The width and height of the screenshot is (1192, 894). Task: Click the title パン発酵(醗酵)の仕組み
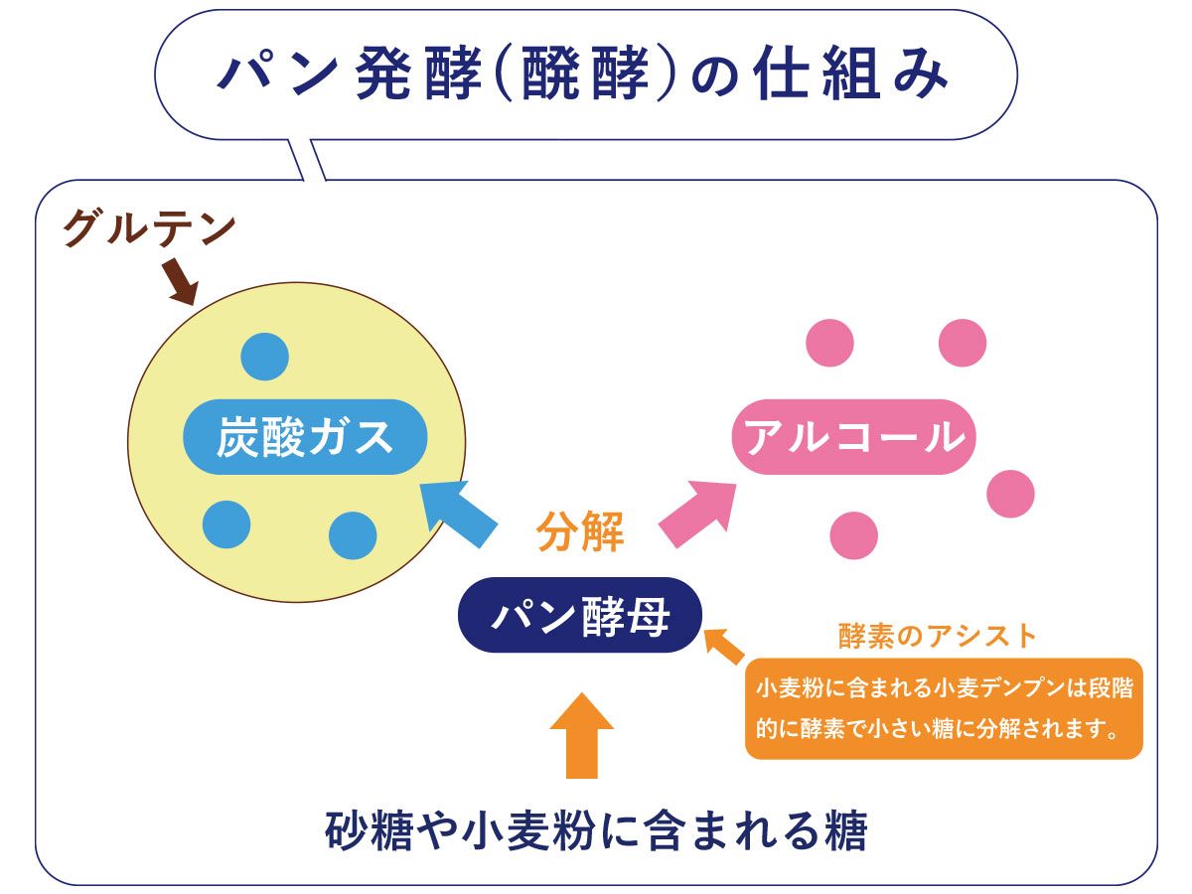pos(582,74)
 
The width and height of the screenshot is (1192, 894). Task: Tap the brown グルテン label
pos(149,228)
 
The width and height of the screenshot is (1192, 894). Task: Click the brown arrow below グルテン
pos(181,282)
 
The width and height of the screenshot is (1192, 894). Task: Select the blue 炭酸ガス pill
pos(305,437)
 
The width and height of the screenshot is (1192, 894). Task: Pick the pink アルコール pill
pos(853,437)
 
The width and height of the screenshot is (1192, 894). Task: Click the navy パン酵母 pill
pos(580,615)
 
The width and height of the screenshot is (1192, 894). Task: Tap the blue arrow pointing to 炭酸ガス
pos(457,513)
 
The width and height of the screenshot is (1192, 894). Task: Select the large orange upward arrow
pos(582,736)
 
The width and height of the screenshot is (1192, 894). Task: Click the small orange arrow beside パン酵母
pos(724,646)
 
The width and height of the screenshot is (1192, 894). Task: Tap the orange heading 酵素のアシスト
pos(938,636)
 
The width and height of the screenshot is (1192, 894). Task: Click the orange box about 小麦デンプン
pos(944,708)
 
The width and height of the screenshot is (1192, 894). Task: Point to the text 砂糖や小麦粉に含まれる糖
pos(596,830)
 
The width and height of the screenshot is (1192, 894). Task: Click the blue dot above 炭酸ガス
pos(264,357)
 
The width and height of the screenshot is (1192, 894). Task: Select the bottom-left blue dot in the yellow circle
pos(226,524)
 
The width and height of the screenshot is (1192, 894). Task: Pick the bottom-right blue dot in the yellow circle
pos(353,535)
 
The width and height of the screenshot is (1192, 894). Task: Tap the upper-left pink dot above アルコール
pos(829,343)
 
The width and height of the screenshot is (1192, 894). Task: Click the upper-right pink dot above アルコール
pos(963,343)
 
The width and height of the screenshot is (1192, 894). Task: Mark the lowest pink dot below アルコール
pos(853,535)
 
